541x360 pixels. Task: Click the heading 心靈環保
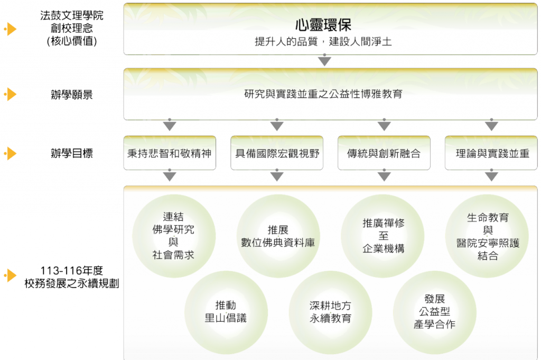tap(323, 24)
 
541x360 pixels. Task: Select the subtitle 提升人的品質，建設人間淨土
tap(323, 42)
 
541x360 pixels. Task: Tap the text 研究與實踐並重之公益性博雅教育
tap(323, 94)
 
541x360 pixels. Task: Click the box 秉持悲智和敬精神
tap(170, 153)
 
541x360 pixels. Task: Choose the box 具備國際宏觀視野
tap(277, 153)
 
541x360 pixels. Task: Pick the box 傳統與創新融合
tap(384, 153)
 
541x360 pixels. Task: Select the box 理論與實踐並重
tap(491, 153)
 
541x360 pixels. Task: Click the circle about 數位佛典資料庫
tap(278, 236)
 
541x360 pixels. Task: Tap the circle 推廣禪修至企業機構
tap(383, 236)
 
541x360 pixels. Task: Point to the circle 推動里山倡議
tap(226, 312)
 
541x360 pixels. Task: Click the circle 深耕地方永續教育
tap(330, 312)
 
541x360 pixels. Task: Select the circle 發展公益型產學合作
tap(435, 312)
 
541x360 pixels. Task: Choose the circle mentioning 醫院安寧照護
tap(487, 236)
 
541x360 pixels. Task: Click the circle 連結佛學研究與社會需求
tap(174, 236)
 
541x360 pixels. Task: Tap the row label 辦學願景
tap(72, 95)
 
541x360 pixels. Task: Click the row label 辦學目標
tap(72, 153)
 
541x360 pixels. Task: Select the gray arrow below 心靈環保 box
tap(325, 60)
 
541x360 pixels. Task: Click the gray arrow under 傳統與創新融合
tap(384, 176)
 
